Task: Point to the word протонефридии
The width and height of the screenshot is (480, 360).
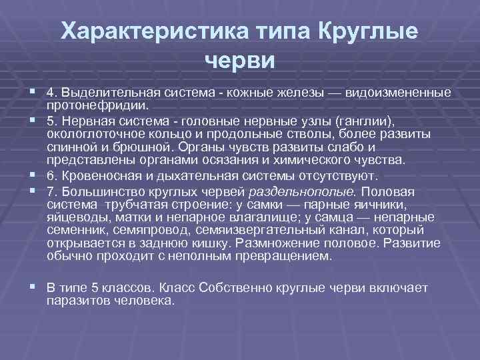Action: (99, 105)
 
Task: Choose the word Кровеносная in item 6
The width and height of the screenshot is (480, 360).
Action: (95, 175)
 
